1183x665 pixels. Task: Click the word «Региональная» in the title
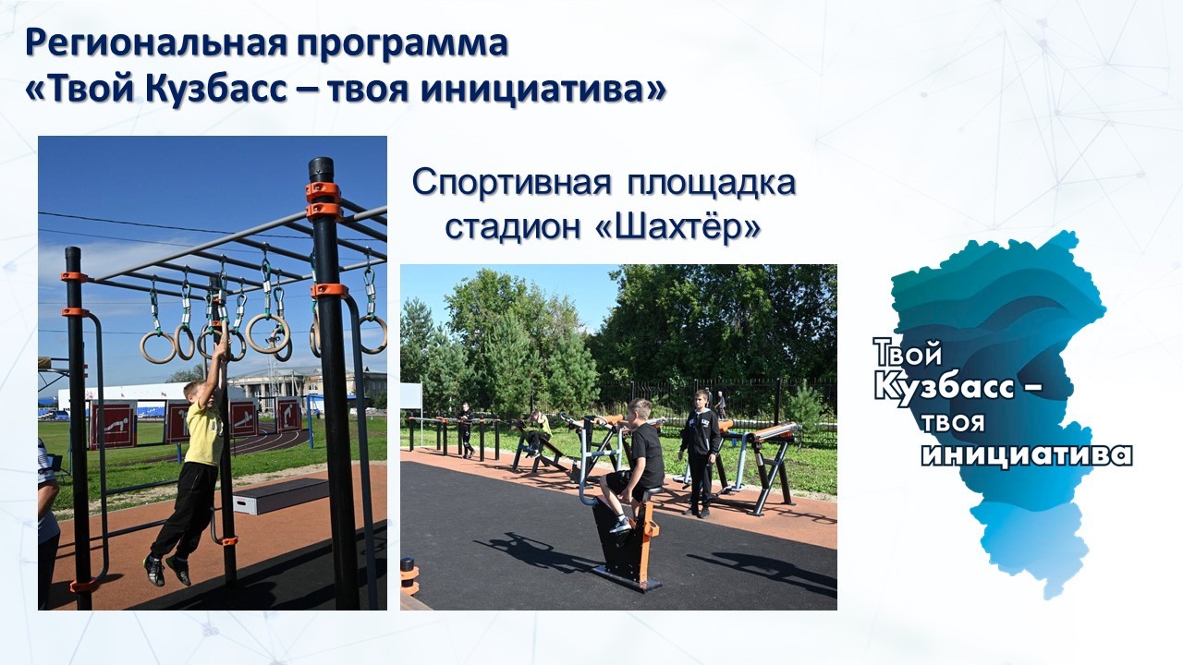tap(157, 42)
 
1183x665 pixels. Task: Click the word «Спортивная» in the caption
tap(511, 183)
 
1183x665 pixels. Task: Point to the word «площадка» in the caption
tap(712, 184)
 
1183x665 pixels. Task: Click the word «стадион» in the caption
tap(512, 228)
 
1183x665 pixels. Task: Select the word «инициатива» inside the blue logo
tap(1027, 455)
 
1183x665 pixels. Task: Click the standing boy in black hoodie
tap(700, 453)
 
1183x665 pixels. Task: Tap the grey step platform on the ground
tap(281, 496)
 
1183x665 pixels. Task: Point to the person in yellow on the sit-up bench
tap(538, 431)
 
